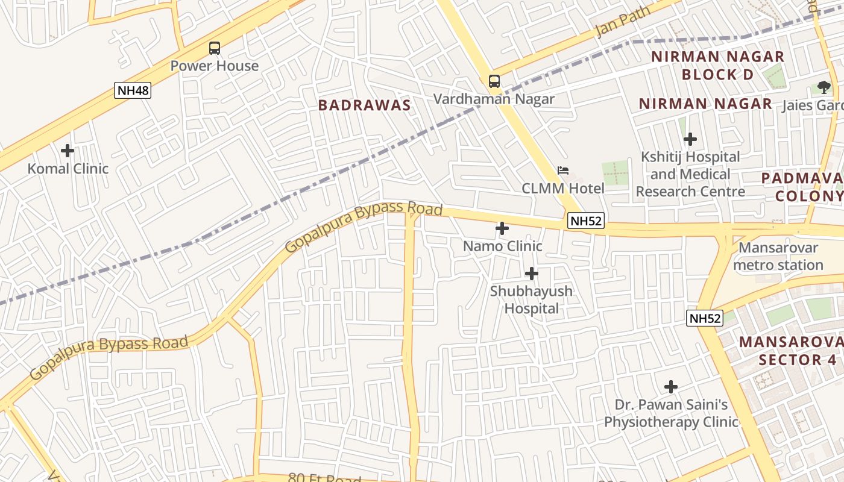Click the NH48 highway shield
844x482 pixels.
pos(132,91)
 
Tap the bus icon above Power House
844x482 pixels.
pos(214,48)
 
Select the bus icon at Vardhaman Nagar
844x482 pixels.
pos(494,81)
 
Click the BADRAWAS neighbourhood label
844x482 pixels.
pos(364,105)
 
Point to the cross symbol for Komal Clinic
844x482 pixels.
pos(68,150)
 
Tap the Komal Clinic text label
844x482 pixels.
pos(68,169)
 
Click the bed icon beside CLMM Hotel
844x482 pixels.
pos(563,171)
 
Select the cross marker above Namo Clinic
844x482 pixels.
pos(502,228)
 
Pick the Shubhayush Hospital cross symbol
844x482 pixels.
pos(531,274)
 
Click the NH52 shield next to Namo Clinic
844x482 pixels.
pos(586,221)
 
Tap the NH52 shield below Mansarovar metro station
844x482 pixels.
pos(704,318)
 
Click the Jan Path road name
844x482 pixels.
pos(623,22)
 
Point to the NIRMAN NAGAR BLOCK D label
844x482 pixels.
pos(717,66)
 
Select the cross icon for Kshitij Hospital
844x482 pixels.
pos(690,140)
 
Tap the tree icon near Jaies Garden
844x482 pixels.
pos(824,87)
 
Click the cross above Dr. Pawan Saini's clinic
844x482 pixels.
pos(670,387)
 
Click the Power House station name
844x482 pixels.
pos(214,66)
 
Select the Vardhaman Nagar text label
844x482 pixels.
pos(494,99)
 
